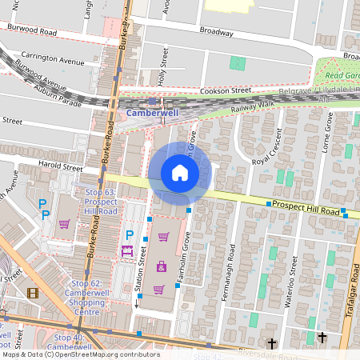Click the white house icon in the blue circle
coord(180,172)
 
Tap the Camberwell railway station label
coord(152,114)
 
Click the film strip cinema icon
coord(33,293)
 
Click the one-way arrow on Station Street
coord(137,302)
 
